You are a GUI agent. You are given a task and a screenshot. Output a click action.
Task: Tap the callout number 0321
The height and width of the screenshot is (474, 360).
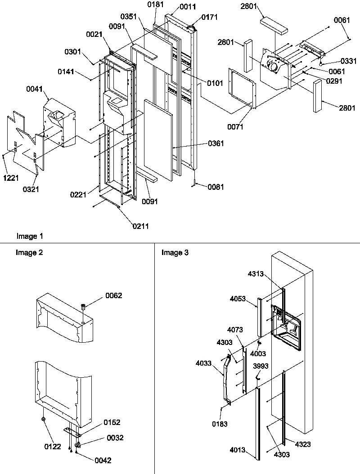(31, 189)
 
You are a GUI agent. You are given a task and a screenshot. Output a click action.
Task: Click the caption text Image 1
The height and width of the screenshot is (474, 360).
(30, 236)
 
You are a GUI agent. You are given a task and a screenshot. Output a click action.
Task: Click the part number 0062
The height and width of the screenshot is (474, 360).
(114, 295)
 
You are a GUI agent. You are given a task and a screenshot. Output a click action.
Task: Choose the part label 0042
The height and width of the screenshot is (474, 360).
(103, 460)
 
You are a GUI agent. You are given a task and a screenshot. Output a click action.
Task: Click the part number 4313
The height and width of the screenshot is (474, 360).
(256, 273)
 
